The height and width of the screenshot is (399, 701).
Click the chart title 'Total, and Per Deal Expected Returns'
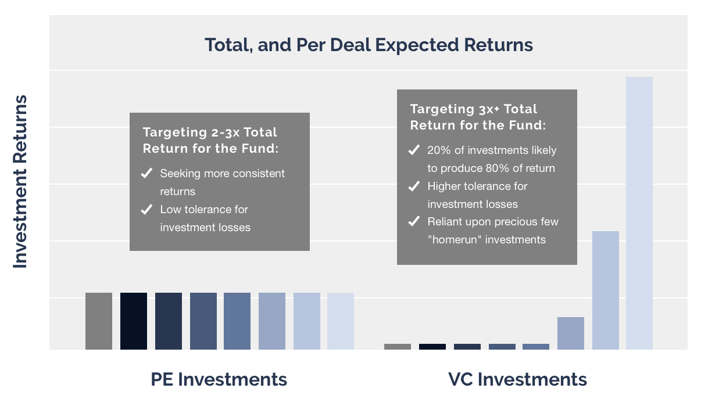click(x=369, y=45)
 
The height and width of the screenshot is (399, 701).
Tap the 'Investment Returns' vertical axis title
click(x=20, y=182)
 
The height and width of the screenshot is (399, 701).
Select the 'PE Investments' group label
click(x=219, y=379)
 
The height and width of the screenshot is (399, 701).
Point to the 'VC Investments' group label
click(x=517, y=379)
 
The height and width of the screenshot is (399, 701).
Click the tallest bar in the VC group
click(x=639, y=213)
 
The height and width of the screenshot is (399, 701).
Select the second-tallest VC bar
click(x=606, y=290)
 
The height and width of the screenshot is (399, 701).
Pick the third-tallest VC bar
click(x=570, y=333)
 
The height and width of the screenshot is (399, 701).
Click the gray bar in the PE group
click(x=99, y=321)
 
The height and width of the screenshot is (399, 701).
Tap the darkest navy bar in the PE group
click(x=134, y=321)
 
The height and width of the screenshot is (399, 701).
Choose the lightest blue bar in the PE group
click(x=341, y=321)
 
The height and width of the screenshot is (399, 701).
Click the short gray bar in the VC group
click(x=398, y=347)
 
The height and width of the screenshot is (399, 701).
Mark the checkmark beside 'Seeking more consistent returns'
click(x=146, y=173)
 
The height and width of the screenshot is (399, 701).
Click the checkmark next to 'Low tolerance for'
click(x=146, y=209)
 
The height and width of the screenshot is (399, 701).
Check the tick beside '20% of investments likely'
click(x=414, y=150)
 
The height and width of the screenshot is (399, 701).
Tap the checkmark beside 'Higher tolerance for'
click(x=414, y=186)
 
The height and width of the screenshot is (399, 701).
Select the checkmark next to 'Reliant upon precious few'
click(x=414, y=221)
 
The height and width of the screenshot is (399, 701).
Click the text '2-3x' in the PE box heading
click(x=226, y=132)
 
